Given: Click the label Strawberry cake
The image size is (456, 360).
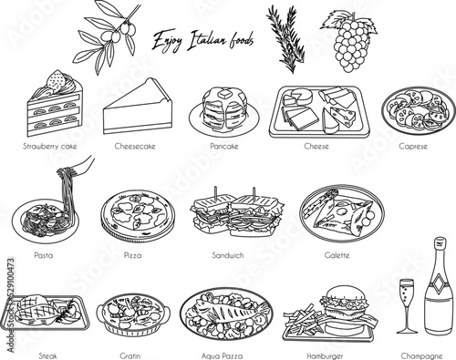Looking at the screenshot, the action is [x=50, y=146].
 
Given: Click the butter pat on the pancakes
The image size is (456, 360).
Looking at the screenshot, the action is [x=225, y=95].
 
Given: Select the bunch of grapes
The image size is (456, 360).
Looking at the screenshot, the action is [x=350, y=42].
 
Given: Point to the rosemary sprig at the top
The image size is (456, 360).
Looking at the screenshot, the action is [x=285, y=39].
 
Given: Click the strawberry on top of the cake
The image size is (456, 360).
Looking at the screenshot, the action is [x=56, y=82].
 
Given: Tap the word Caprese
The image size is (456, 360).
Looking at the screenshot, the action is [x=413, y=147].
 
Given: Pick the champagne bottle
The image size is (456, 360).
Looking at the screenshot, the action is [x=439, y=288].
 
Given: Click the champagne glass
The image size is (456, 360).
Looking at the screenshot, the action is [x=407, y=306].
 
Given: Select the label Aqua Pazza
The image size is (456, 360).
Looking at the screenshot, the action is [x=222, y=355].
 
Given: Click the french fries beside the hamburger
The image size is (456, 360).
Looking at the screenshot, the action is [x=304, y=320].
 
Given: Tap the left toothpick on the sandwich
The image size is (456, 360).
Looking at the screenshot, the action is [x=215, y=193].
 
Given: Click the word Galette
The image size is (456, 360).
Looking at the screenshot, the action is [x=337, y=255].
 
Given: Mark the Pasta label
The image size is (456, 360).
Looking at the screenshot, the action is [x=44, y=255].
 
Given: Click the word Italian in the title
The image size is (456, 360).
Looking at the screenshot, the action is [x=206, y=40].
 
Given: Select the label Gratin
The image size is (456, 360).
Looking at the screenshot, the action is [x=130, y=355].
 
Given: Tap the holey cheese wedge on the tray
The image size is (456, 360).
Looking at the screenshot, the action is [x=339, y=118].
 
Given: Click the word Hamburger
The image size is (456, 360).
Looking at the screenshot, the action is [x=325, y=356].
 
